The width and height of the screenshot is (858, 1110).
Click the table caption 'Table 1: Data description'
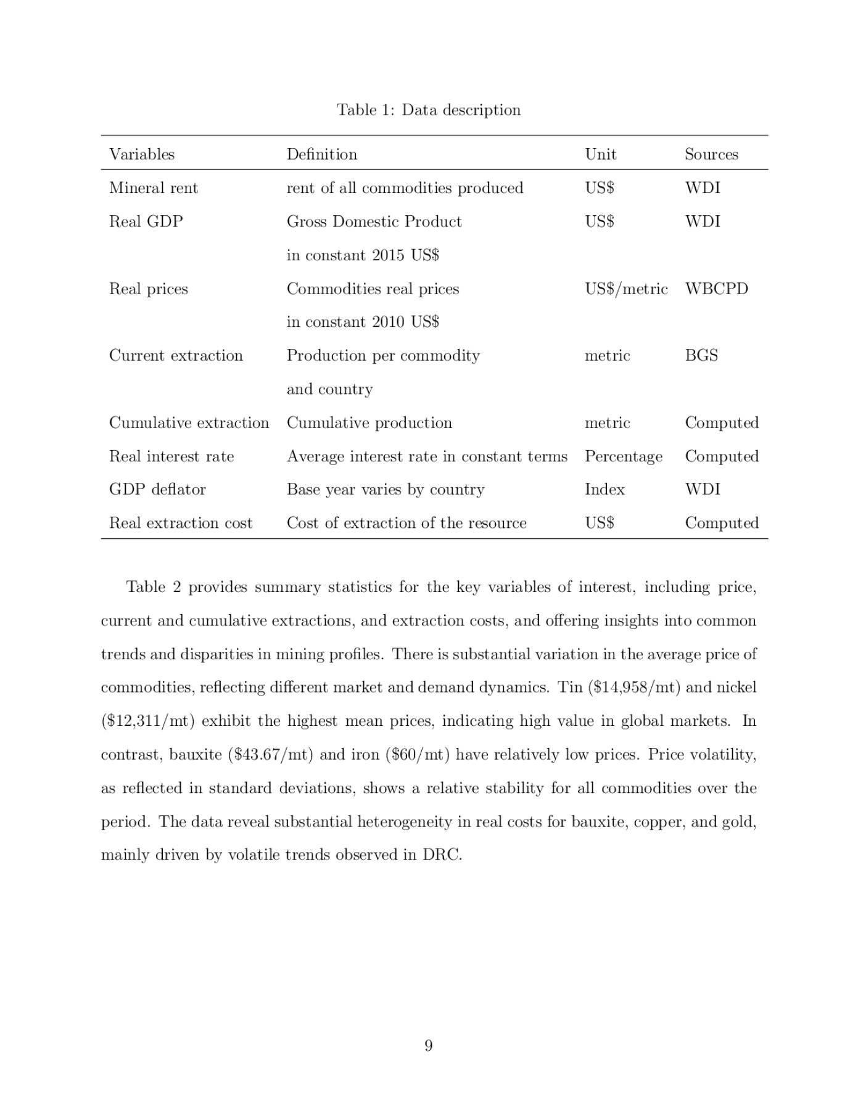(429, 110)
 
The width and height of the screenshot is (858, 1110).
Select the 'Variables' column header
(142, 154)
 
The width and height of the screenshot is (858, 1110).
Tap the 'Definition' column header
(321, 154)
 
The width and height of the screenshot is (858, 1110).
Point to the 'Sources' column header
(711, 154)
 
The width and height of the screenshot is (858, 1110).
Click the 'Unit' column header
(600, 154)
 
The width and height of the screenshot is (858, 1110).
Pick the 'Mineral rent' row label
(154, 188)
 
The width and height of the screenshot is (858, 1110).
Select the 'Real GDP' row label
(146, 221)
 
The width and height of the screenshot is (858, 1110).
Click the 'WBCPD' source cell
(716, 289)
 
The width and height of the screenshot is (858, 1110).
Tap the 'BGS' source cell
(701, 355)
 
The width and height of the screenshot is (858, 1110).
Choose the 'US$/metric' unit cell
(626, 289)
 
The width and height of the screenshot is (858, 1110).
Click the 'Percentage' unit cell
(624, 456)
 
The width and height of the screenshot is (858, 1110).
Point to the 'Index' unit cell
(604, 490)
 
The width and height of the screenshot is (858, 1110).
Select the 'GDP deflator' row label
(157, 490)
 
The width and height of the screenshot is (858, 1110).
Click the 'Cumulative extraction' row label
(189, 423)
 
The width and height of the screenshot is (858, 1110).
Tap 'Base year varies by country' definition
(386, 490)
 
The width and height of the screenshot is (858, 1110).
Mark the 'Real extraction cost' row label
(181, 523)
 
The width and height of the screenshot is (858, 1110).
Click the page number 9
(429, 1045)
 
